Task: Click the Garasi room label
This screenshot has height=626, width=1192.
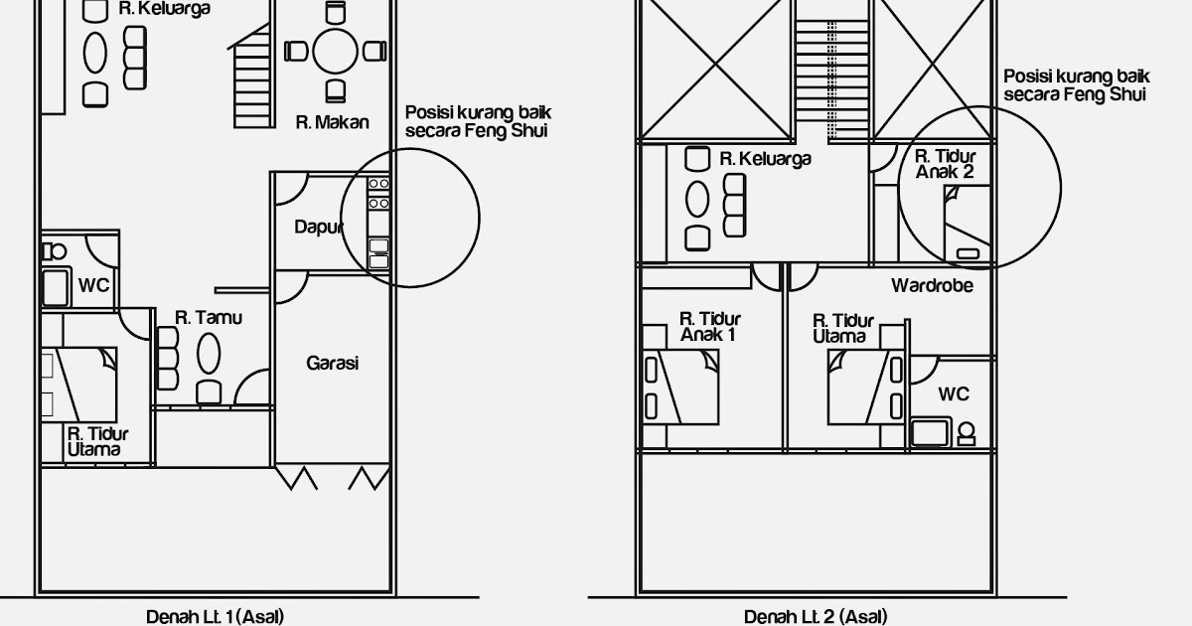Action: [332, 363]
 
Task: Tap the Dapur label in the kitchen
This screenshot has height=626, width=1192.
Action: [318, 228]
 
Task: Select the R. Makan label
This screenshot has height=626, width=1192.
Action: [332, 122]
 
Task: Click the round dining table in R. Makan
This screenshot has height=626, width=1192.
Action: [335, 51]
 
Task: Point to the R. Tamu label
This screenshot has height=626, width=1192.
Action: [208, 318]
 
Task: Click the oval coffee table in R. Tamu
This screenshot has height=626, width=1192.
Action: [209, 354]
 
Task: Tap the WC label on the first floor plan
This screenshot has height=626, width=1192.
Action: [93, 285]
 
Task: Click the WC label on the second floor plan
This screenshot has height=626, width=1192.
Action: [954, 393]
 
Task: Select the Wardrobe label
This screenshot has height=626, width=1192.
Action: [932, 286]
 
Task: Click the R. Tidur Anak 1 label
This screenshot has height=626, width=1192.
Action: [709, 327]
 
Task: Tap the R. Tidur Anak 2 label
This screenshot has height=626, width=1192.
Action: [945, 164]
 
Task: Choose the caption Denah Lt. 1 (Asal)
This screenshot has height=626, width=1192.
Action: [215, 617]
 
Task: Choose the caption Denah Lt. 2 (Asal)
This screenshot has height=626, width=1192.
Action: [816, 617]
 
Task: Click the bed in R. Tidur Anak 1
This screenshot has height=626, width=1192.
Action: [680, 387]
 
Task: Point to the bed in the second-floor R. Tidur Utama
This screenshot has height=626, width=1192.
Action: [866, 387]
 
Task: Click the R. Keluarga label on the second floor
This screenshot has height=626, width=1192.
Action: [765, 159]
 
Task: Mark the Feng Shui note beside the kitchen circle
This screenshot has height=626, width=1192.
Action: [478, 122]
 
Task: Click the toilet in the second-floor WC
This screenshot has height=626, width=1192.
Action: [967, 434]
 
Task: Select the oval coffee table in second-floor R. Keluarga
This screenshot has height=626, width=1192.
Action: [697, 200]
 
